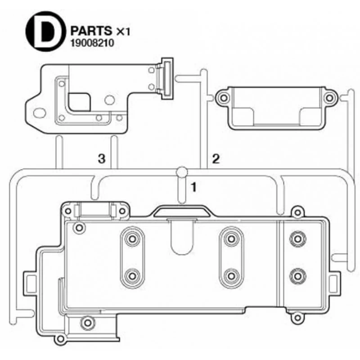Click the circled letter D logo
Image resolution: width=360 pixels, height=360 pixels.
44,31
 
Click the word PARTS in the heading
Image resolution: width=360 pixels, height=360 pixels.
91,31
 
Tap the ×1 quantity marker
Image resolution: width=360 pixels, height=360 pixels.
123,31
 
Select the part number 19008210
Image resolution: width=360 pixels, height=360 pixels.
92,43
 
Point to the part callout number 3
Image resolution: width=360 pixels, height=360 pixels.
102,158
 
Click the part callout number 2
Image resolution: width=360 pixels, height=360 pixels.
216,159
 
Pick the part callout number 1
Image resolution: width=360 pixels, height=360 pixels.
194,187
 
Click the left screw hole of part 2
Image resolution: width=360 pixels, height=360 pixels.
224,98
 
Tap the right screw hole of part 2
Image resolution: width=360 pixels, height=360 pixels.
330,98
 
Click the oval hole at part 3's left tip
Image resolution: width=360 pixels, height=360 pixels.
40,113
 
